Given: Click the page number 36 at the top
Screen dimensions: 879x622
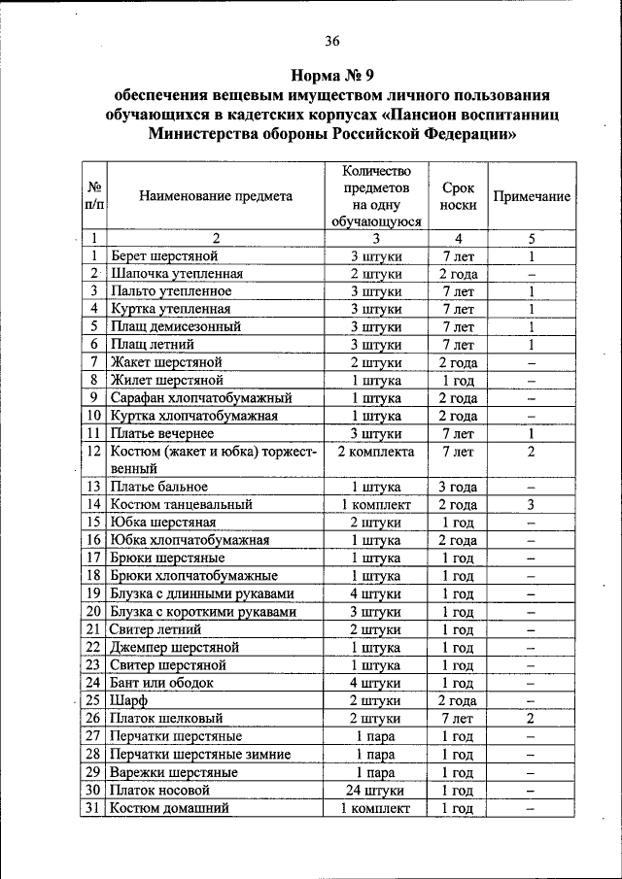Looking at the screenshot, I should pos(332,40).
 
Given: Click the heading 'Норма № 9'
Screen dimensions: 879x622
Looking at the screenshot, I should pos(332,75).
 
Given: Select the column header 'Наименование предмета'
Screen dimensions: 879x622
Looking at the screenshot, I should pos(215,196).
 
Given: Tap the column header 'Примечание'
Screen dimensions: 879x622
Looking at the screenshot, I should pos(532,196).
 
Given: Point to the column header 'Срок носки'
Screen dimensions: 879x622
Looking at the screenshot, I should pos(458,196).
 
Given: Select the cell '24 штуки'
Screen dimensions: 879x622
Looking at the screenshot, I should pos(375,790).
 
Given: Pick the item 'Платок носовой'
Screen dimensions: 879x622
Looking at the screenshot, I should pos(160,790).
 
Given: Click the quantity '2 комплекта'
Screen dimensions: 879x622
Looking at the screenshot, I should pos(375,452).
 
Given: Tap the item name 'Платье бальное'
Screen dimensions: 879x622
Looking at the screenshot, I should pos(159,487).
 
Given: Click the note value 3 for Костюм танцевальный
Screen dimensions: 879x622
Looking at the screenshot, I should pos(532,504).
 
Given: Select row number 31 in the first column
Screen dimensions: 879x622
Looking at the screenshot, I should pos(93,807).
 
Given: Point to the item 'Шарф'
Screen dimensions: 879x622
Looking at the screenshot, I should pos(127,700).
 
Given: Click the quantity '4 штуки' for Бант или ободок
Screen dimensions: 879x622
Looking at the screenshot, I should pos(375,683).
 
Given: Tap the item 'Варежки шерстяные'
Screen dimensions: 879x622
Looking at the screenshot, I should pos(174,772).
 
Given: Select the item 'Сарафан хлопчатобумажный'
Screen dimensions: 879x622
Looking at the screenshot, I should pos(201,398).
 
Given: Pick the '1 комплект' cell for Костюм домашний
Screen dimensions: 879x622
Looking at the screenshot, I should pos(375,807).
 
